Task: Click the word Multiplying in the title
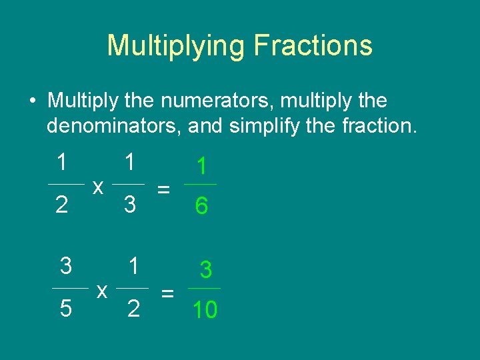[174, 46]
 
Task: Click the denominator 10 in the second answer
[205, 310]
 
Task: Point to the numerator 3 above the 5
[65, 267]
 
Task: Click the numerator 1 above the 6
[201, 167]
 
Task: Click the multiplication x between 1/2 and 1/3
[97, 188]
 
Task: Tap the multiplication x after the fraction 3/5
[102, 291]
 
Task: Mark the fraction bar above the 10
[204, 289]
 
